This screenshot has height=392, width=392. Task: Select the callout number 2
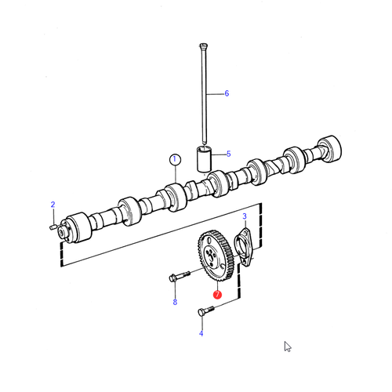click(x=53, y=205)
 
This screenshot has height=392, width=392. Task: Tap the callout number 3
click(x=244, y=216)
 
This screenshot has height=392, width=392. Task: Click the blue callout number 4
click(x=201, y=333)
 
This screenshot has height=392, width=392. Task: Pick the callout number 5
click(x=228, y=154)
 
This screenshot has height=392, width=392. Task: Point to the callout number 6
click(x=227, y=94)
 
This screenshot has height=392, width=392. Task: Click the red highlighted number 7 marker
click(x=217, y=294)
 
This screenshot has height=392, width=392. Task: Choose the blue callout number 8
click(x=175, y=301)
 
